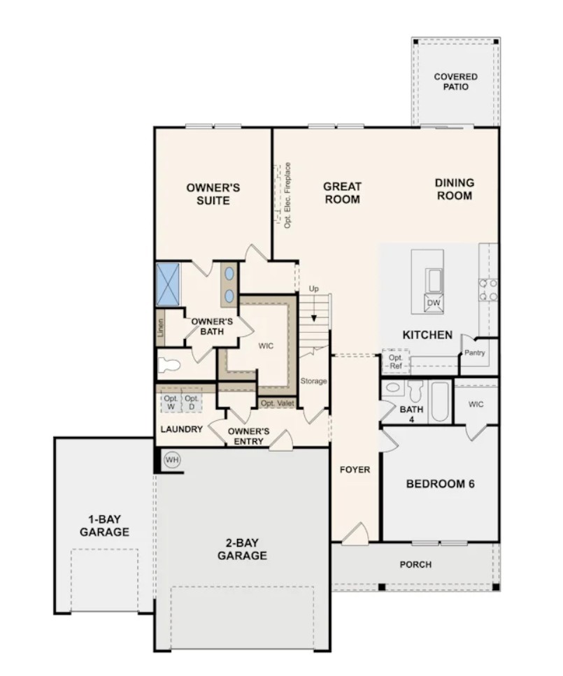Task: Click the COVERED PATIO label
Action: (x=455, y=82)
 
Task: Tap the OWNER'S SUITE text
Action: (x=213, y=194)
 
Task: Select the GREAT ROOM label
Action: (x=342, y=193)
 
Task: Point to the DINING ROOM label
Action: (x=454, y=189)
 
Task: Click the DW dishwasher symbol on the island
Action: (x=434, y=303)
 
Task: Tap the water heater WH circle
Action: (x=171, y=460)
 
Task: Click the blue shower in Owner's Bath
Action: (x=168, y=284)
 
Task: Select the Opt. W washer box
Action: (x=171, y=403)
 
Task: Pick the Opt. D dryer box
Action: (x=192, y=403)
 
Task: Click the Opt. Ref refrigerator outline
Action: (x=395, y=361)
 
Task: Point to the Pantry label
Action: (x=474, y=353)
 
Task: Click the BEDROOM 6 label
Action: (x=441, y=484)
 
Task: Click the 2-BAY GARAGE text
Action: (x=241, y=549)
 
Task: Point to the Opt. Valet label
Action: (x=277, y=403)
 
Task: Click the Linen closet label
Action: (x=161, y=328)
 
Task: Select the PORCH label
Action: (x=415, y=564)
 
